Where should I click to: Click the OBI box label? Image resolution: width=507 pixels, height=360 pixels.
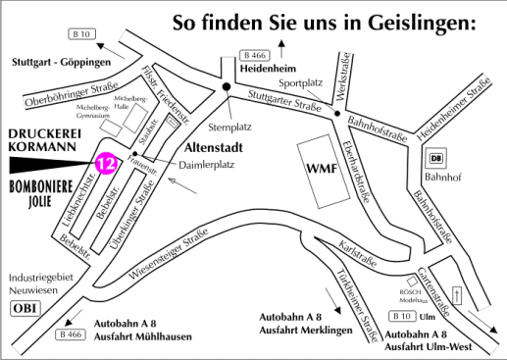coord(24,309)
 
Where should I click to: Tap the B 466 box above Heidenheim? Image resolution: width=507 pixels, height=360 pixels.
coord(255,55)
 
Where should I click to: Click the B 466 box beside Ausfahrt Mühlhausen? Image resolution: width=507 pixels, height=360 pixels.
coord(70,334)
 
